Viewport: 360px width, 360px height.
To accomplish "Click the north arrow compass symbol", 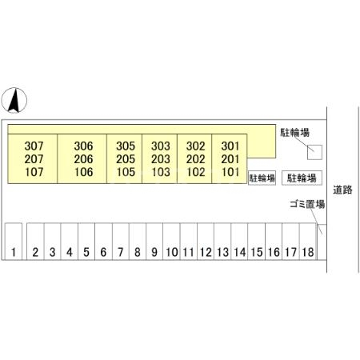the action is point(14,100).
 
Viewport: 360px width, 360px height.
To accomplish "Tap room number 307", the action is point(34,146).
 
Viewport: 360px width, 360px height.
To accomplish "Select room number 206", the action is point(83,159).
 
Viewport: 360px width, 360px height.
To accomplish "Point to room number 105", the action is point(126,172).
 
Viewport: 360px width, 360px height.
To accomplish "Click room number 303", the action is point(161,146).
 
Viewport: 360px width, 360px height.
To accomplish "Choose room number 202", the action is point(196,159).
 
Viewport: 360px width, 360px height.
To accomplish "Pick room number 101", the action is point(230,172).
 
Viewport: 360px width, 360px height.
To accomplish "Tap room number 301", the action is point(230,146).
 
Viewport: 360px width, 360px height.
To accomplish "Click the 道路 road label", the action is point(342,190).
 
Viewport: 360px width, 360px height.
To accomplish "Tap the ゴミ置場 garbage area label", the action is point(307,204).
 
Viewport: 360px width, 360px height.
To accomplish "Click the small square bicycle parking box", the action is point(314,152).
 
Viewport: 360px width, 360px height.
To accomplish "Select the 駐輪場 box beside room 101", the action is point(262,178).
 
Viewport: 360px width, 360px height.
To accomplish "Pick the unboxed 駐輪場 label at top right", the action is point(294,132).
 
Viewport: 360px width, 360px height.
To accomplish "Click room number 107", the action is point(34,172).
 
